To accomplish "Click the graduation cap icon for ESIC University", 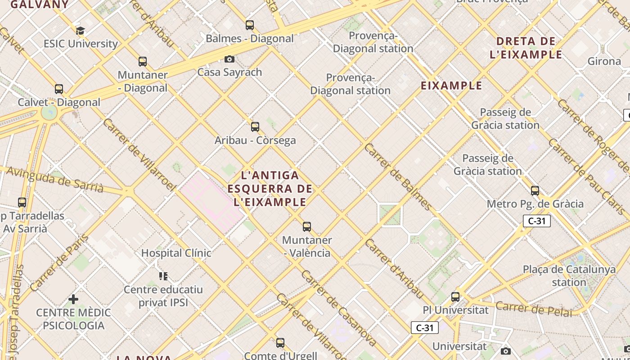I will pyautogui.click(x=80, y=31).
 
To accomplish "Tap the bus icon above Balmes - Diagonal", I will pyautogui.click(x=250, y=25).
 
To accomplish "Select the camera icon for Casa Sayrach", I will pyautogui.click(x=229, y=59).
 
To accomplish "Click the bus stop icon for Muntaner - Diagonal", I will pyautogui.click(x=143, y=62).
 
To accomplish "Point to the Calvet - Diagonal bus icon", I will pyautogui.click(x=59, y=89).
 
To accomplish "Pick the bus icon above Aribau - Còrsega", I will pyautogui.click(x=255, y=127).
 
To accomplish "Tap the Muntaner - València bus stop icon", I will pyautogui.click(x=307, y=227).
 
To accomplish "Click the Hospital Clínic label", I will pyautogui.click(x=176, y=253).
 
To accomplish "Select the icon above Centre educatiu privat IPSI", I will pyautogui.click(x=163, y=276).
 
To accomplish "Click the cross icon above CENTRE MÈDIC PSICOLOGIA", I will pyautogui.click(x=73, y=299).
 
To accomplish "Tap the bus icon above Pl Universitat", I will pyautogui.click(x=455, y=297).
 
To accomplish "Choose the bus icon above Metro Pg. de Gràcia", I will pyautogui.click(x=535, y=191).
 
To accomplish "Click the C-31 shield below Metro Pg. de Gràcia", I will pyautogui.click(x=537, y=221).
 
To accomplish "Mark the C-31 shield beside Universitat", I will pyautogui.click(x=425, y=328).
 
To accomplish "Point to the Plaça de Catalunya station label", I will pyautogui.click(x=569, y=276).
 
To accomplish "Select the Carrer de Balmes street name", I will pyautogui.click(x=398, y=177).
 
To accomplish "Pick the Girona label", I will pyautogui.click(x=604, y=61).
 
